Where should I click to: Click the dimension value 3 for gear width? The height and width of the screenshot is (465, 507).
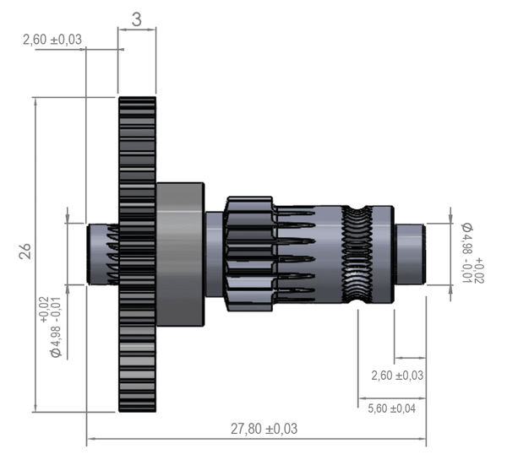pyautogui.click(x=137, y=19)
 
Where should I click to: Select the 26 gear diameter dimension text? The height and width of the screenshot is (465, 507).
pyautogui.click(x=25, y=251)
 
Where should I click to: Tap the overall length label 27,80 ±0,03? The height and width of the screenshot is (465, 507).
pyautogui.click(x=264, y=429)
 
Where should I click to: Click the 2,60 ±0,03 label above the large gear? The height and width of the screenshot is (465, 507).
pyautogui.click(x=52, y=39)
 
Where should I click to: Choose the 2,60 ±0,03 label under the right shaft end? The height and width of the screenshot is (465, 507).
pyautogui.click(x=397, y=375)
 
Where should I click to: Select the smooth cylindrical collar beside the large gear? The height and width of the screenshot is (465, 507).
pyautogui.click(x=179, y=253)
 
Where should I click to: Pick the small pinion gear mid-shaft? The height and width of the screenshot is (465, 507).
pyautogui.click(x=248, y=253)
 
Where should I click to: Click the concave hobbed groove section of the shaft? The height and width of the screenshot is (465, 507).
pyautogui.click(x=361, y=253)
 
